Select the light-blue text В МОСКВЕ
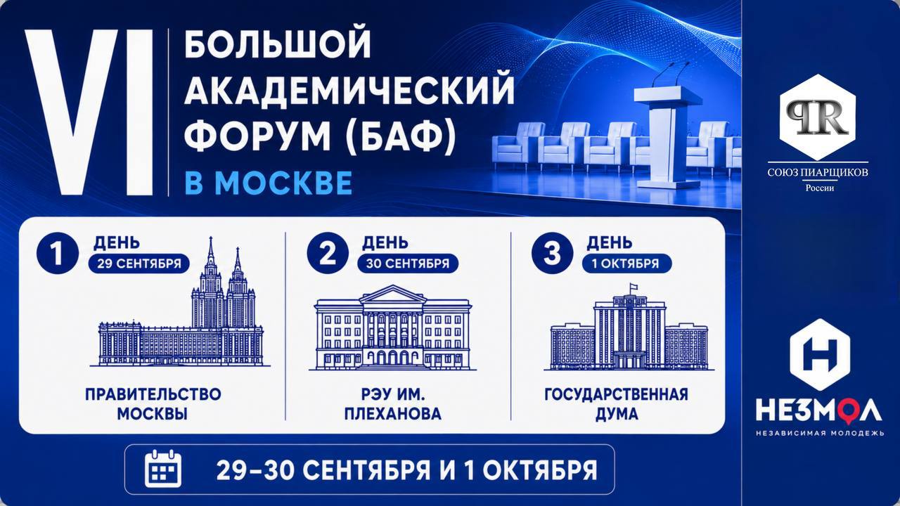[269, 183]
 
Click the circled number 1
[57, 254]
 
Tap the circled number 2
[328, 254]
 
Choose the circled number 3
[552, 254]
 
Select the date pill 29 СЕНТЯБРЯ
[139, 264]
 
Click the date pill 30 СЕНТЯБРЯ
[408, 264]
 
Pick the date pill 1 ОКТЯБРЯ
[626, 264]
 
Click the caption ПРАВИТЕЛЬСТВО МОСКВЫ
[153, 404]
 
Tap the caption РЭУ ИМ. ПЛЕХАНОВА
[392, 404]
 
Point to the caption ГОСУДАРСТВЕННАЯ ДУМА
[617, 404]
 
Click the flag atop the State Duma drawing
[634, 287]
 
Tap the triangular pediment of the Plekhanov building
[392, 294]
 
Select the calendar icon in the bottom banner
[162, 469]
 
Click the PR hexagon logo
[818, 117]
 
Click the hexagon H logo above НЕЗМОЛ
[820, 355]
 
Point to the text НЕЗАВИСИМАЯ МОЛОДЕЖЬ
[820, 434]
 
